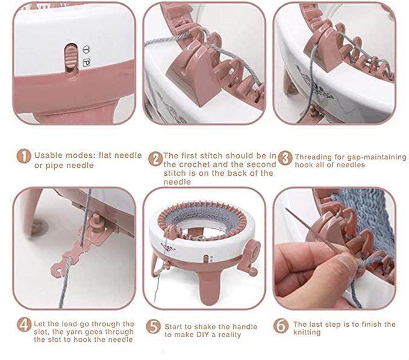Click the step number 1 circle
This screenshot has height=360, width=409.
[23, 156]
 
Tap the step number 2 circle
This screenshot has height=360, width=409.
[155, 159]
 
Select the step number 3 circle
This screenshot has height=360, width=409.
[285, 158]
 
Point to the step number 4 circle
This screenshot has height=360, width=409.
[24, 325]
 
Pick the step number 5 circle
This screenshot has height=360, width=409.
[153, 326]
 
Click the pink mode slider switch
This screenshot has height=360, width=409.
[70, 55]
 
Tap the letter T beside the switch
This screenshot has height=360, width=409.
[87, 49]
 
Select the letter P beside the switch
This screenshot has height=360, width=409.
[87, 63]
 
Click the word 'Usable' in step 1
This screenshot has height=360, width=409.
[48, 155]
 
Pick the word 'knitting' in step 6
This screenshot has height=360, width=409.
[307, 332]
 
